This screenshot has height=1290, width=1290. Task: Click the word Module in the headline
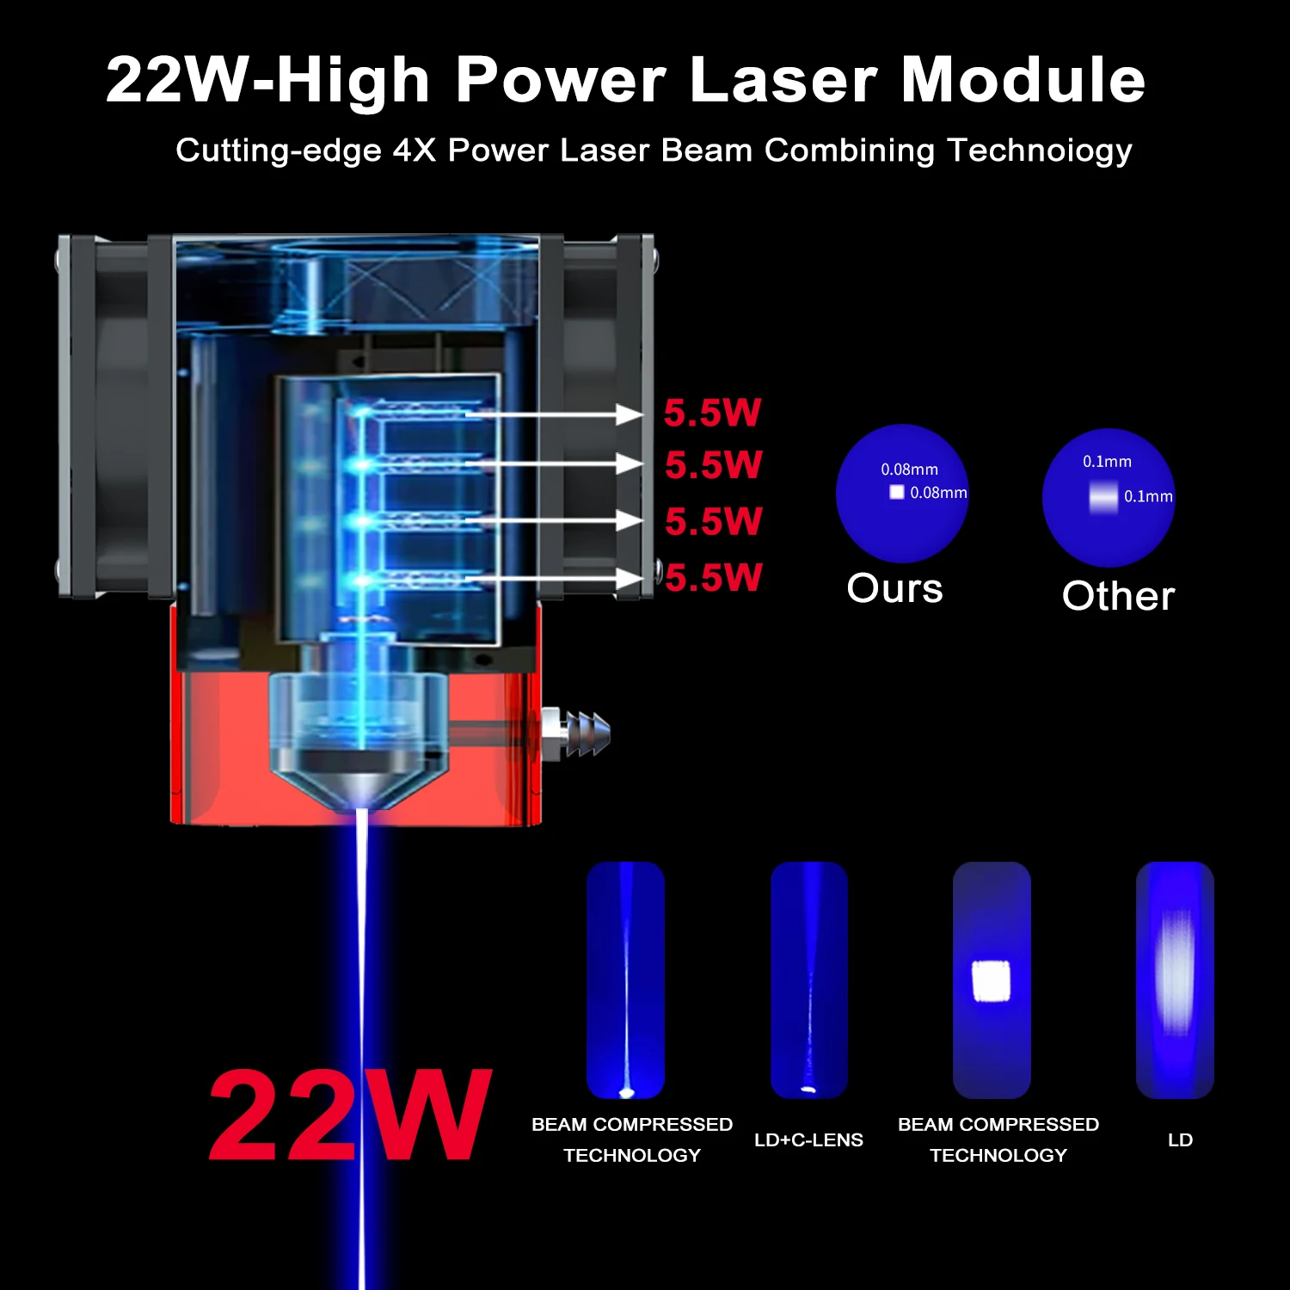[1023, 80]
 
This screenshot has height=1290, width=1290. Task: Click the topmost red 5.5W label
[713, 413]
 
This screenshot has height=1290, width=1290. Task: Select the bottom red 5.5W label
[714, 577]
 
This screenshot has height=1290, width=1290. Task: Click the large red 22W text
[351, 1116]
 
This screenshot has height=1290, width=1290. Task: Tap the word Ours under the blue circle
[894, 589]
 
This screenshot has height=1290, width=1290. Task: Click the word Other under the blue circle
[1118, 596]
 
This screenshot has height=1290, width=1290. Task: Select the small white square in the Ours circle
[897, 492]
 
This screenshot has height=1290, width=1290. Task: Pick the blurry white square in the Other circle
[1103, 497]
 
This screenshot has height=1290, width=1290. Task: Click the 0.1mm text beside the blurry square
[1148, 497]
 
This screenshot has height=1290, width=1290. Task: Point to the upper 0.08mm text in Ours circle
[909, 470]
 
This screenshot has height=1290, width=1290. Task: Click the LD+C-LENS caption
[808, 1140]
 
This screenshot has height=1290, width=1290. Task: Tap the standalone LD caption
[1180, 1140]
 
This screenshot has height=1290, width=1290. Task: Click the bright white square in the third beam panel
[991, 981]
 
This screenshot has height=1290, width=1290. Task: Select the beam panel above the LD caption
[1175, 980]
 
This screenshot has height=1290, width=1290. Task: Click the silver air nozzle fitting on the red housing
[574, 734]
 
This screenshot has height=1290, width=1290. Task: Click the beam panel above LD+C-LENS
[809, 980]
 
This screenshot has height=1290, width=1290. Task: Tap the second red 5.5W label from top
[714, 465]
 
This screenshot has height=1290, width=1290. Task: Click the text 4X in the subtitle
[415, 150]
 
